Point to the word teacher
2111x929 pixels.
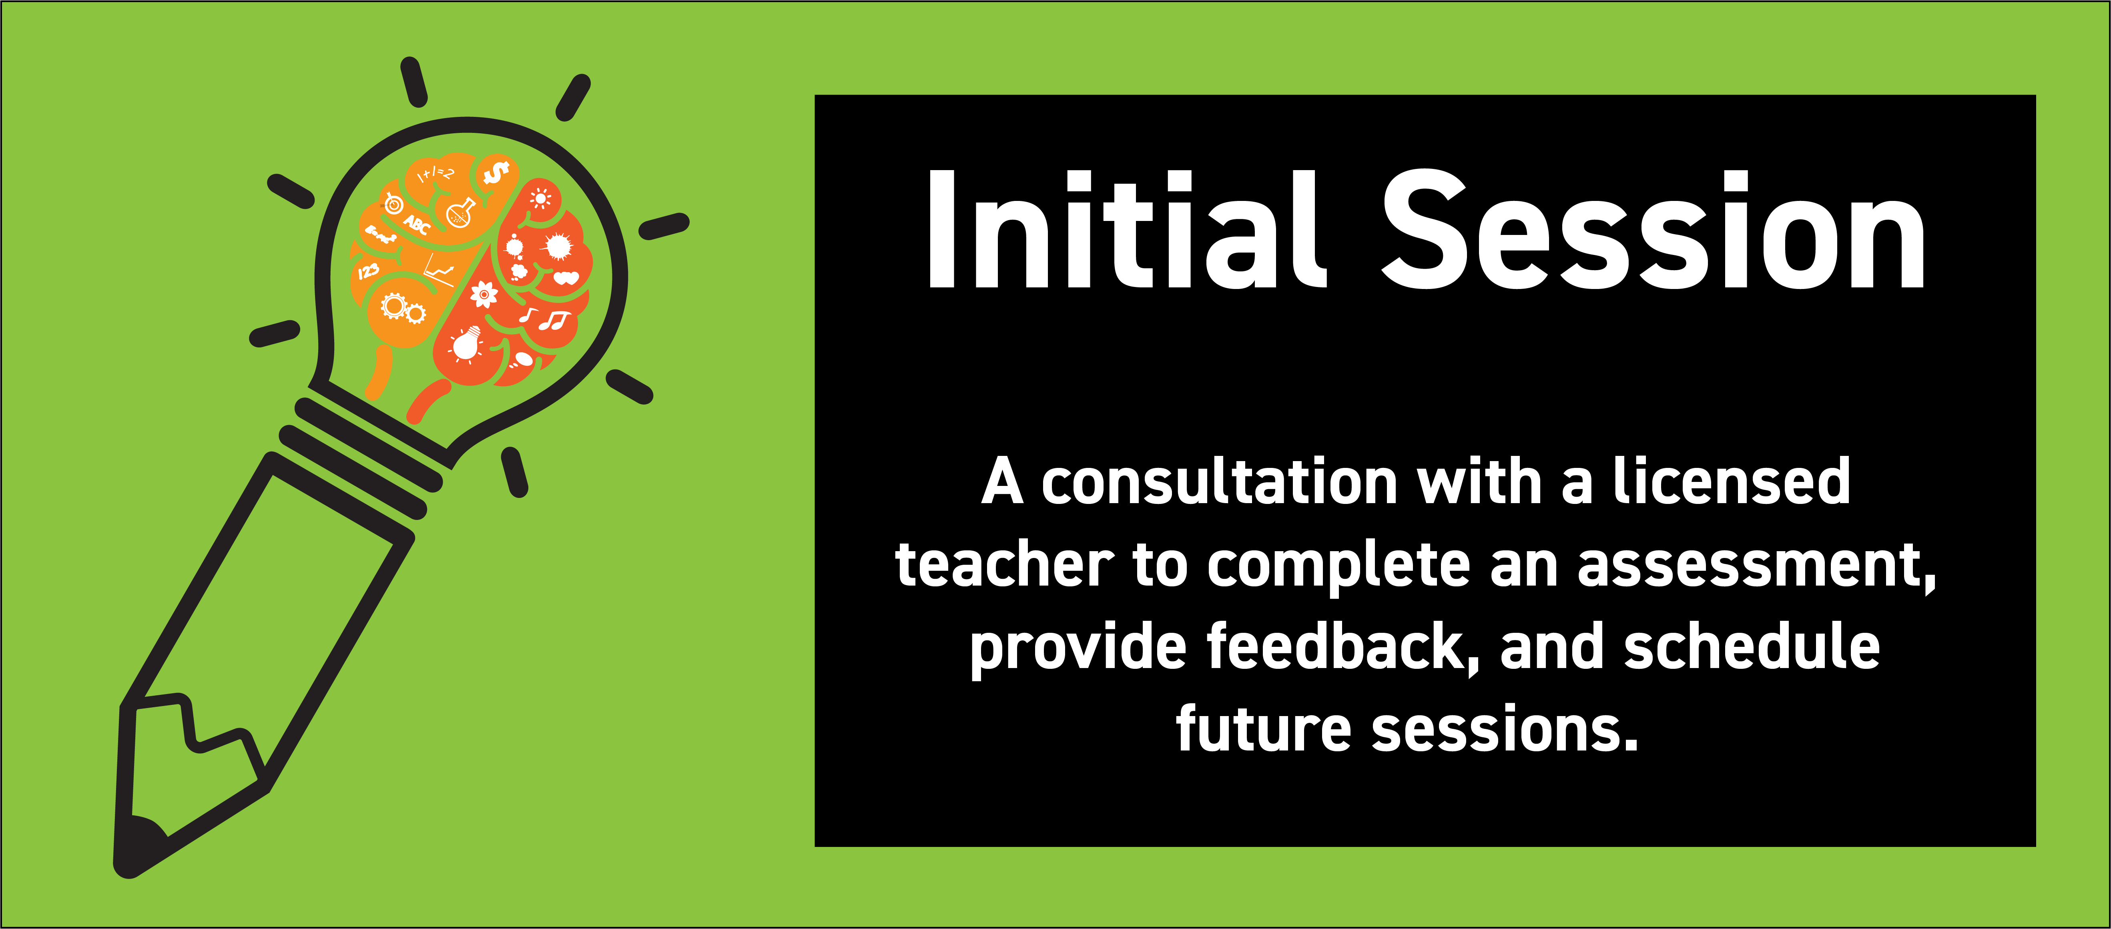1004,565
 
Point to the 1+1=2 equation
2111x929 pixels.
435,175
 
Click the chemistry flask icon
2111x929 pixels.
462,212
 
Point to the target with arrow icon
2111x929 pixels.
394,203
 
